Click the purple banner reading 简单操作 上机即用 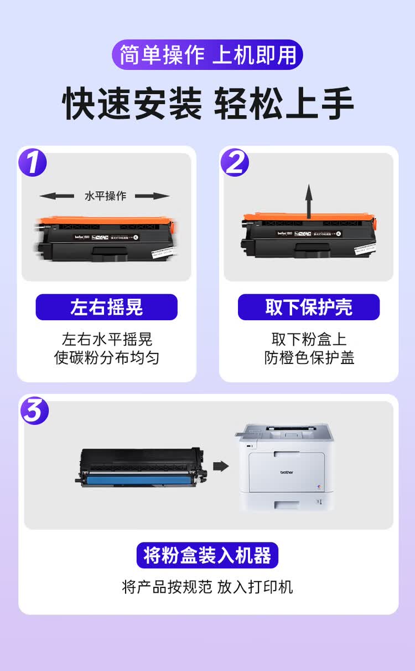point(207,55)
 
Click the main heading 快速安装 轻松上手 point(207,103)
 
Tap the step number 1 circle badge point(33,162)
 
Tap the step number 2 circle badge point(235,162)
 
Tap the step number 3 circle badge point(35,411)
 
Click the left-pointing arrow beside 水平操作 point(57,196)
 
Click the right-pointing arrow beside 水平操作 point(152,196)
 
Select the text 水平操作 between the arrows point(105,196)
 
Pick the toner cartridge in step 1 point(105,237)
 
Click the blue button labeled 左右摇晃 point(106,307)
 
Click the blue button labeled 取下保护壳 point(309,307)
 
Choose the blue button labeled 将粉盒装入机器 point(207,555)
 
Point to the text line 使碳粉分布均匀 point(106,358)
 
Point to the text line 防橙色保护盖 point(309,358)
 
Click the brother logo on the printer point(286,473)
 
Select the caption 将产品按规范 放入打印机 point(207,587)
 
